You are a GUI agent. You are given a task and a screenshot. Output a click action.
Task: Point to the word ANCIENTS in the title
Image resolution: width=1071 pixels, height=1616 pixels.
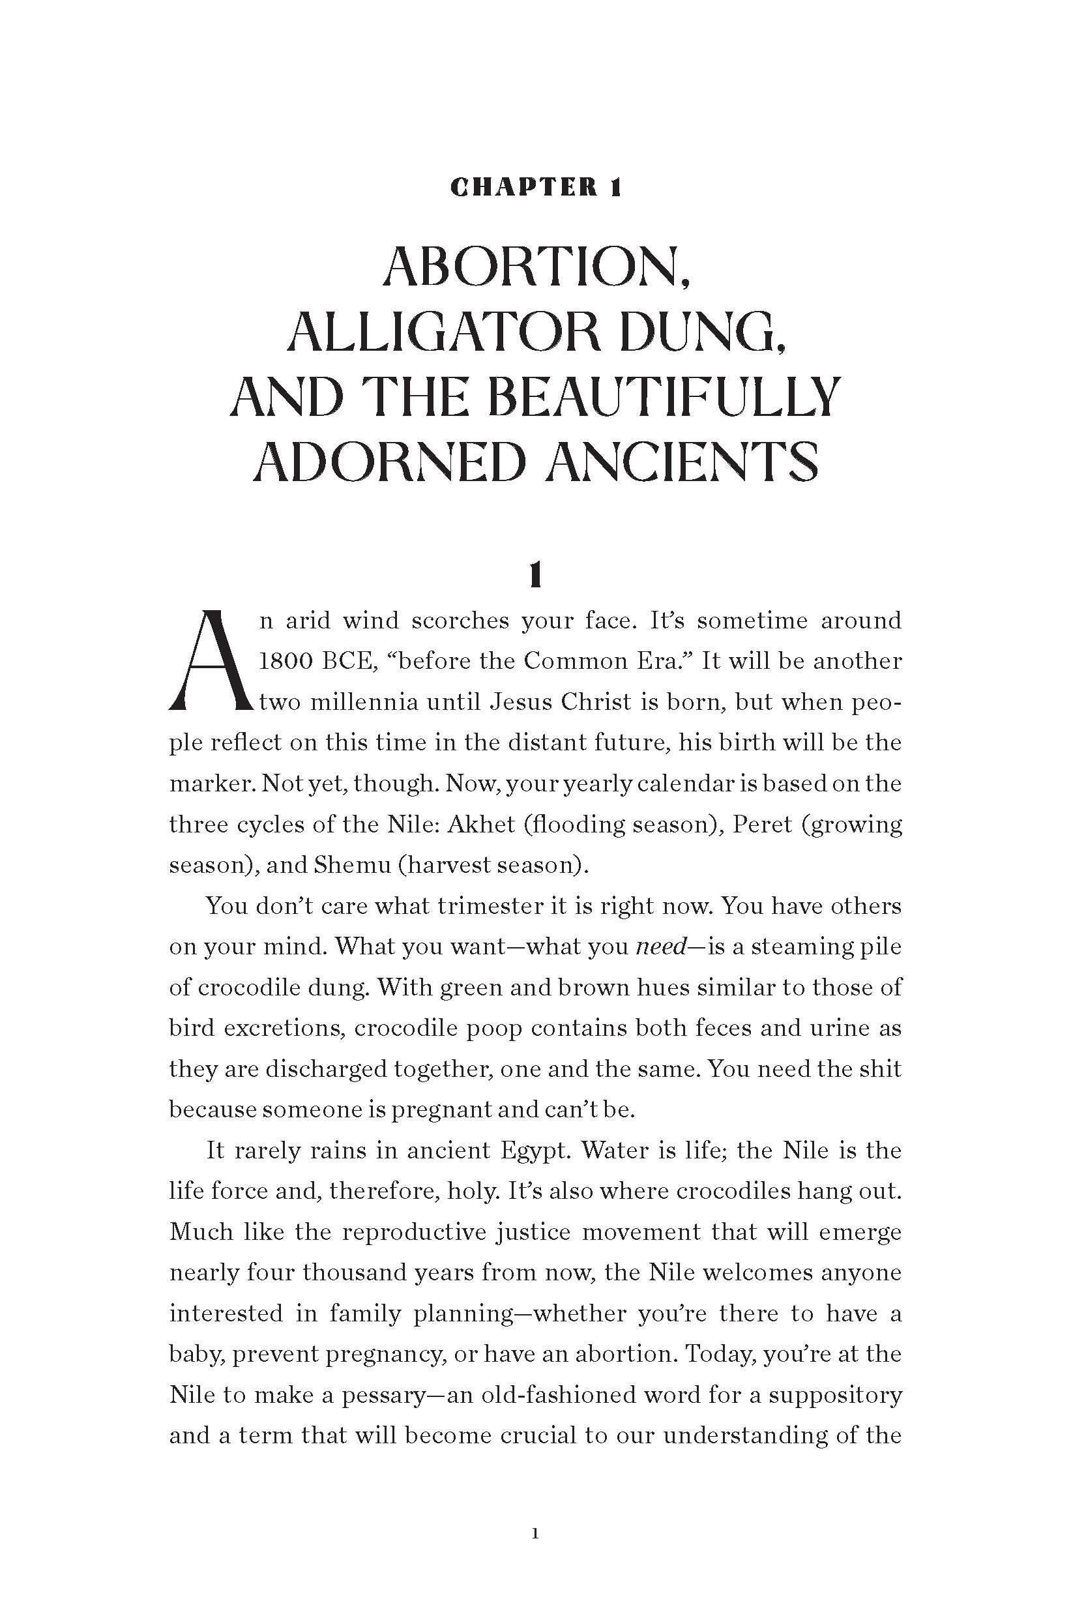coord(685,461)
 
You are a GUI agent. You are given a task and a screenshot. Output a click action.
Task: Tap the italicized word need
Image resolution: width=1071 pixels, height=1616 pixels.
coord(660,947)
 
